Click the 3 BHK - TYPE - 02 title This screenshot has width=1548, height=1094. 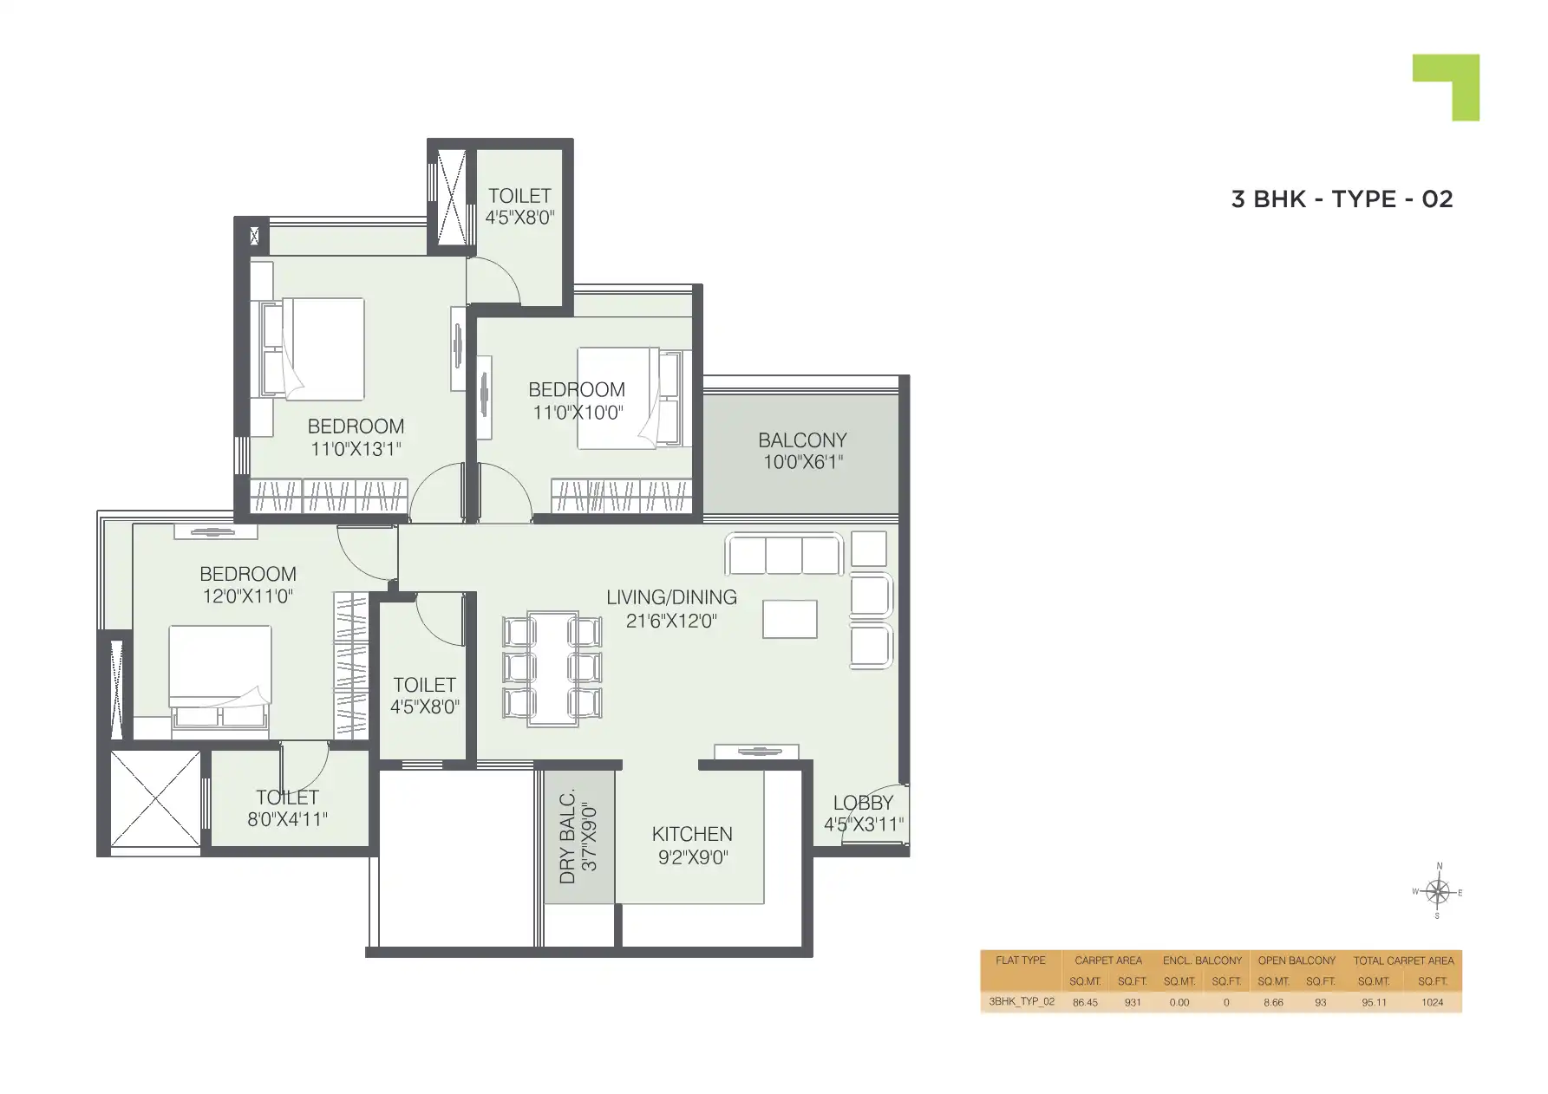1341,199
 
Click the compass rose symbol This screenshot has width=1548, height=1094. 1437,891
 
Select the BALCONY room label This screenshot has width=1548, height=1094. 802,440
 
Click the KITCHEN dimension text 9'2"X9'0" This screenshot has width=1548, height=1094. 692,857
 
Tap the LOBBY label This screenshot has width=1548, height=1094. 862,804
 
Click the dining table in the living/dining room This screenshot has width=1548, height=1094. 552,667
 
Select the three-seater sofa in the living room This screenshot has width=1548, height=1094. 784,554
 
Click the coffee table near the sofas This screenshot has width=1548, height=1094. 789,619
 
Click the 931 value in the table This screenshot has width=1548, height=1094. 1132,1002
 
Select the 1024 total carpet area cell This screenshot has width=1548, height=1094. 1432,1002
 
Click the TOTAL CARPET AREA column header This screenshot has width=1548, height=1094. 1403,961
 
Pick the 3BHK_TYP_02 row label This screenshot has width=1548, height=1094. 1022,1001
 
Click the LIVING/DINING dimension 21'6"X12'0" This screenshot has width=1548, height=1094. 671,621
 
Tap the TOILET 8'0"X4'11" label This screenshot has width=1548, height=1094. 287,808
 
